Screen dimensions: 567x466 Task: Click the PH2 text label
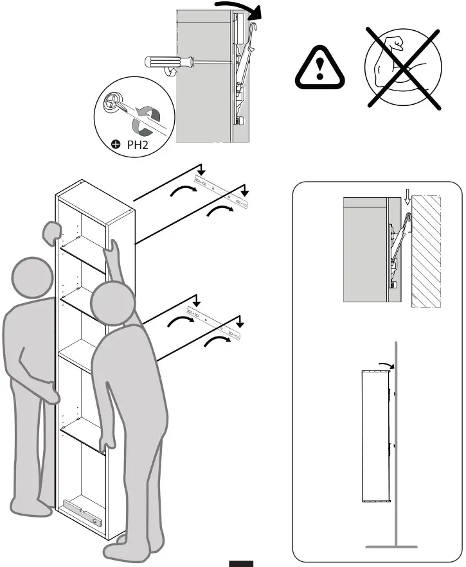tap(137, 146)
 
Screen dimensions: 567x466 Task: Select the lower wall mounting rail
tap(215, 322)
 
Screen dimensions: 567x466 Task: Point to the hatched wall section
tap(425, 251)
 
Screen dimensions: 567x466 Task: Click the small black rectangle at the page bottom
tap(241, 564)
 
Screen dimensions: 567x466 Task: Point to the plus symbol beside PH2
tap(116, 146)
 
